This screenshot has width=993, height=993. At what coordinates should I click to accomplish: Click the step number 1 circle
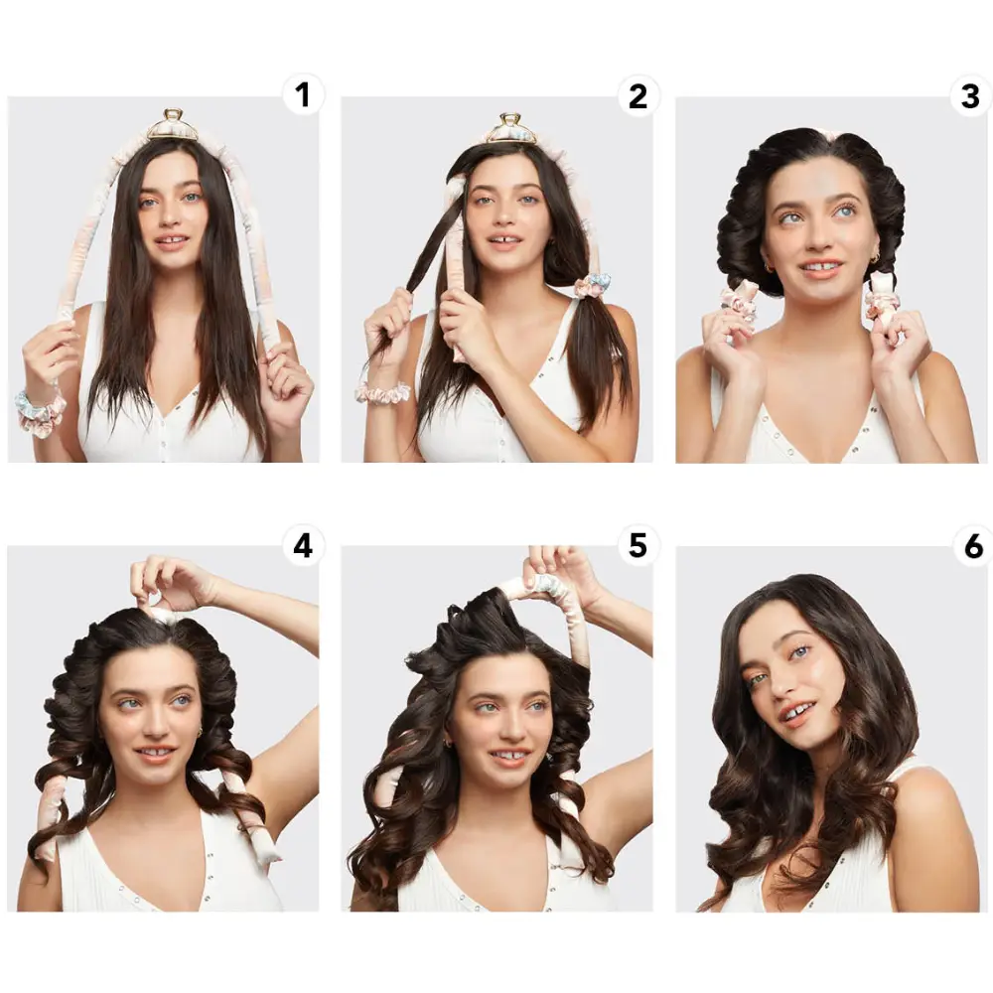pos(303,95)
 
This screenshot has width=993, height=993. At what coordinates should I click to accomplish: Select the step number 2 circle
pos(638,96)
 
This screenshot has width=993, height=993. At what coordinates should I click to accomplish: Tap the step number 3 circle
pos(971,96)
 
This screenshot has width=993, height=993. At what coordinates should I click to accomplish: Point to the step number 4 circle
pos(303,545)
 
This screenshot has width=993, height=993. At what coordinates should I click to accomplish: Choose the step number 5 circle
pos(638,545)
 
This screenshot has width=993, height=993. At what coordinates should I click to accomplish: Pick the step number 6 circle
pos(972,545)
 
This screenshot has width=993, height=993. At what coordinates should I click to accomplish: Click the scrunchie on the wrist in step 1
pos(40,408)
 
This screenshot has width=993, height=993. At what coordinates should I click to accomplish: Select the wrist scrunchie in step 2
pos(382,392)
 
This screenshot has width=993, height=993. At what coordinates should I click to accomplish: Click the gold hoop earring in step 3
pos(876,258)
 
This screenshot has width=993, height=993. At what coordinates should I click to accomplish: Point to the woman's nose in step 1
pos(171,215)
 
